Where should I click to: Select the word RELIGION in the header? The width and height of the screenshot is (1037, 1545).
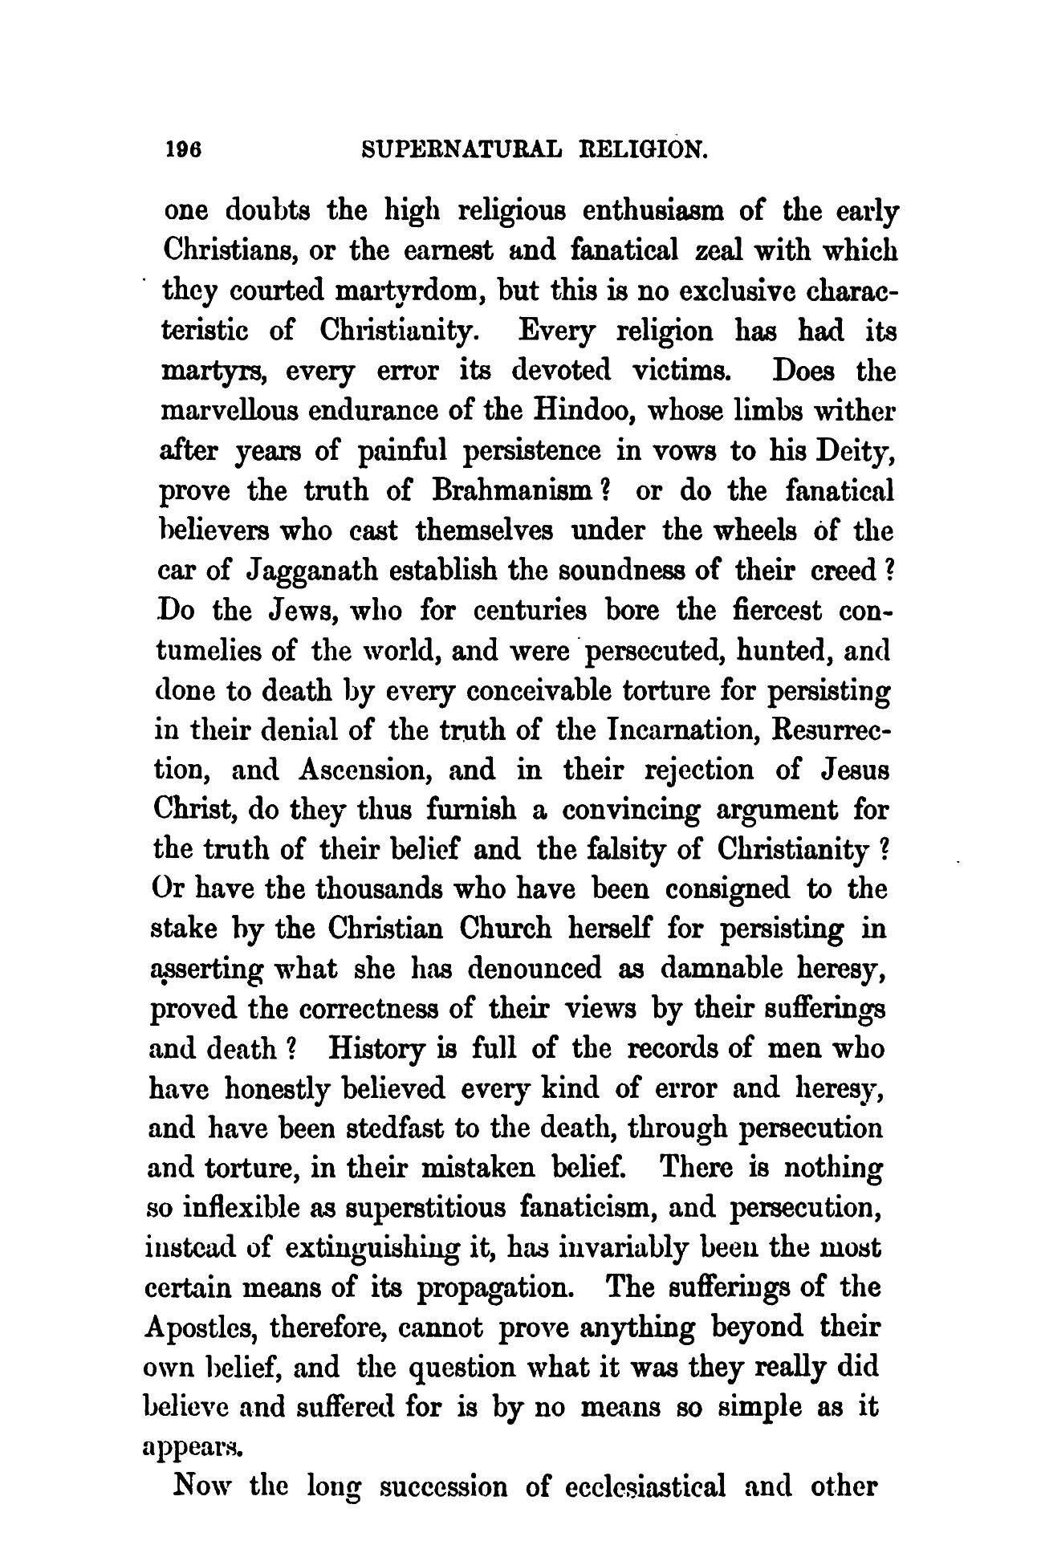click(644, 148)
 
